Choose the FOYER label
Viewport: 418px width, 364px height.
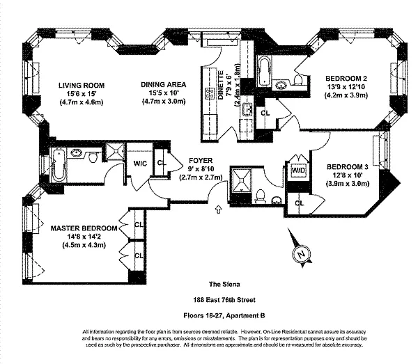coord(199,159)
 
